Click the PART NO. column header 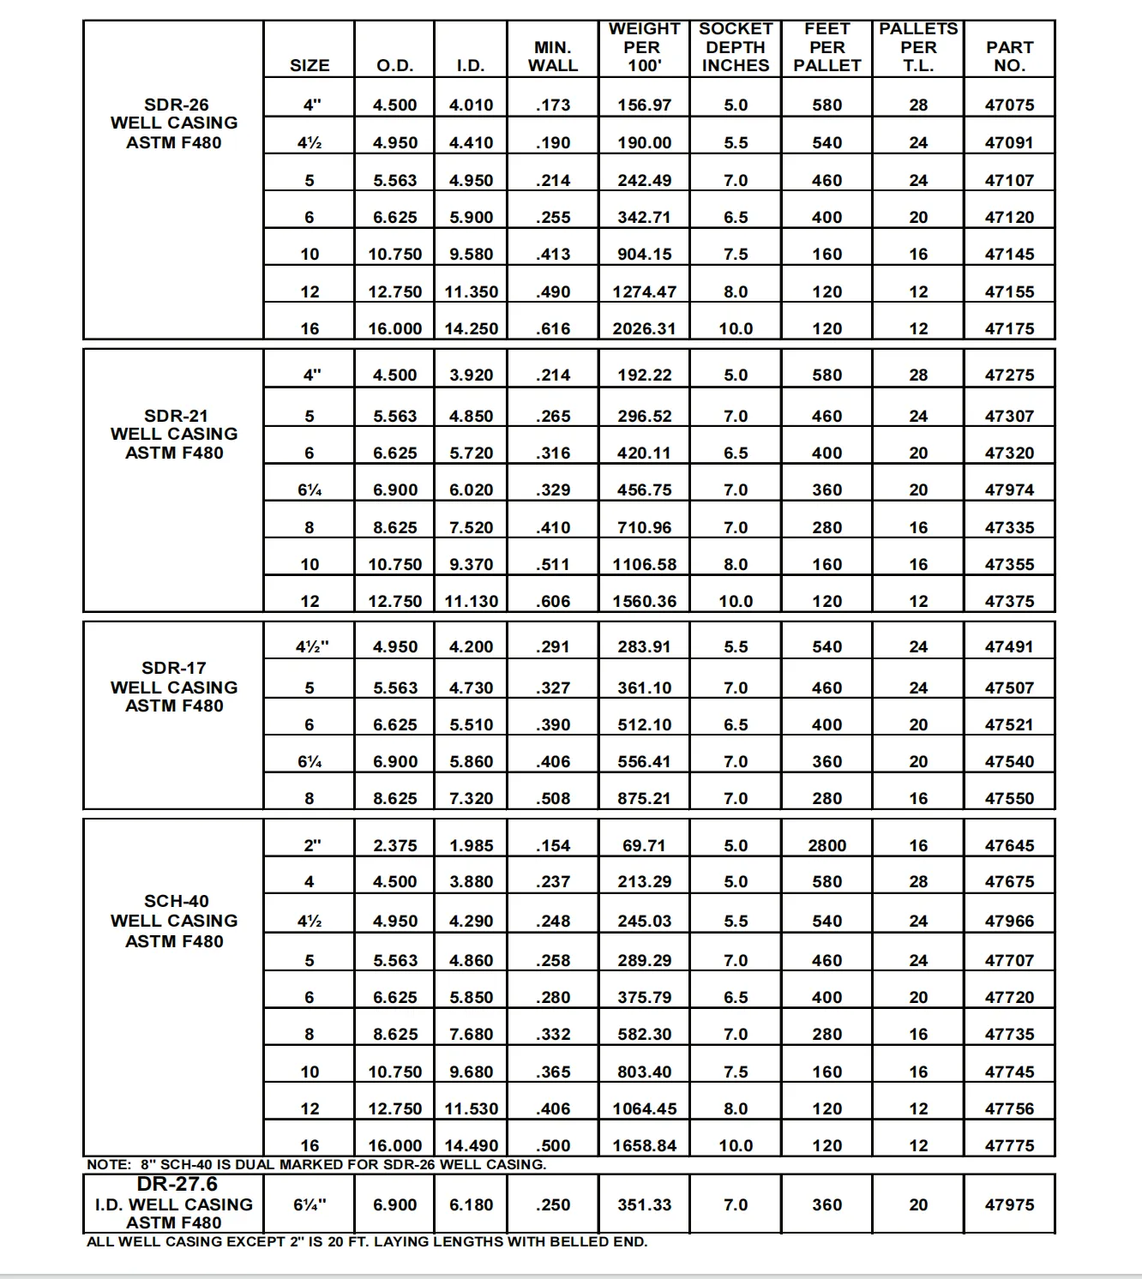(1009, 56)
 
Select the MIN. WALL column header (552, 56)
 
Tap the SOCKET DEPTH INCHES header (736, 47)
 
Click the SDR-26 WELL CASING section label (174, 123)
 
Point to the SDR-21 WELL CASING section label (174, 435)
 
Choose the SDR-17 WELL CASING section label (174, 687)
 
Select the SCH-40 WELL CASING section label (174, 921)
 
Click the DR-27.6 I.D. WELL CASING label (174, 1204)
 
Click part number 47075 (1009, 105)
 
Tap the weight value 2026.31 (644, 328)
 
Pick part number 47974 (1009, 489)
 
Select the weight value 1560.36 (644, 601)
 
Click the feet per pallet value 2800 (826, 845)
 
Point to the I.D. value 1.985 (471, 845)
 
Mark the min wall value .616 (552, 328)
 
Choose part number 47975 (1009, 1204)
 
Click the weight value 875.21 (644, 798)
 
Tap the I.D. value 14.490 (471, 1145)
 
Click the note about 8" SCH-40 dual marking (316, 1164)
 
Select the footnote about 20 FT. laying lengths (367, 1241)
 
